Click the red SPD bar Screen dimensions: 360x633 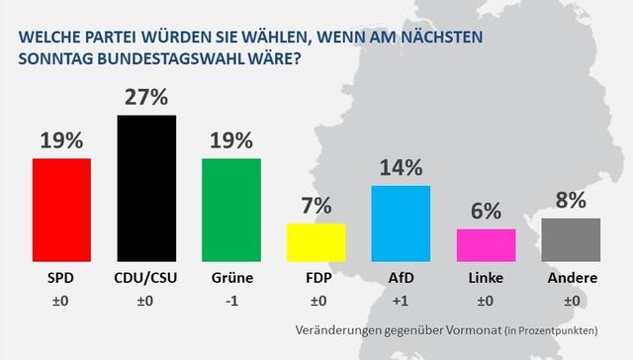click(x=61, y=208)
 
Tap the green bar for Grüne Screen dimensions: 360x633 click(x=231, y=208)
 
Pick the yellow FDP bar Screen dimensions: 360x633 click(x=316, y=239)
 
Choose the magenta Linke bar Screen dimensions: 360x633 click(x=486, y=242)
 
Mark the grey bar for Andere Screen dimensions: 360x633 click(x=571, y=237)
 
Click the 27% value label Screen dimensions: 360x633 click(x=146, y=98)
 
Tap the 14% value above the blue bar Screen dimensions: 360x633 click(x=401, y=168)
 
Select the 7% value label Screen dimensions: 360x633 click(x=316, y=206)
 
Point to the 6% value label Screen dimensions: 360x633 click(x=486, y=212)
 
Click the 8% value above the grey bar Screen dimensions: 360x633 click(x=571, y=201)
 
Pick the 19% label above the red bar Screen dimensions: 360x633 click(x=61, y=140)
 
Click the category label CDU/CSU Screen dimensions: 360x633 click(x=146, y=280)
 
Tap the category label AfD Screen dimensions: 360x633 click(x=401, y=280)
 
